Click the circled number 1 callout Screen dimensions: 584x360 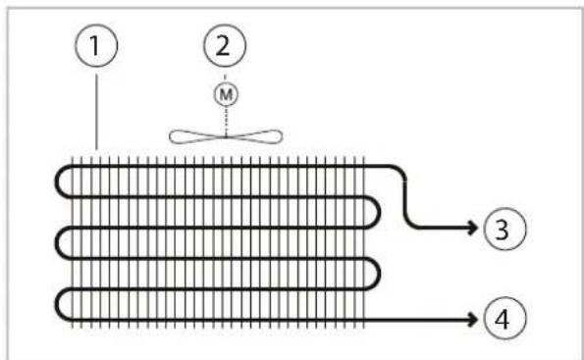pyautogui.click(x=96, y=45)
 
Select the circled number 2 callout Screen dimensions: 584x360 pyautogui.click(x=225, y=45)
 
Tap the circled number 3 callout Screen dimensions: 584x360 pyautogui.click(x=504, y=229)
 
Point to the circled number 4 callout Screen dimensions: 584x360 pyautogui.click(x=504, y=319)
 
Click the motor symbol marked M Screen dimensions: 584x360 pyautogui.click(x=226, y=94)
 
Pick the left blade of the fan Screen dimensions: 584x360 pyautogui.click(x=196, y=136)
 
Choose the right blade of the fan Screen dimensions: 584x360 pyautogui.click(x=254, y=136)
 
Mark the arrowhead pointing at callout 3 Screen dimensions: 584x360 pyautogui.click(x=473, y=228)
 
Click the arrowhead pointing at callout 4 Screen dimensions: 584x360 pyautogui.click(x=473, y=319)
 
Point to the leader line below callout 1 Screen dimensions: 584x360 pyautogui.click(x=97, y=112)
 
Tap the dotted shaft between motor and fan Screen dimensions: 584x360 pyautogui.click(x=226, y=122)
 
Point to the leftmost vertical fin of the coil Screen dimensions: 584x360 pyautogui.click(x=72, y=242)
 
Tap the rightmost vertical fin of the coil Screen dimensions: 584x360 pyautogui.click(x=363, y=242)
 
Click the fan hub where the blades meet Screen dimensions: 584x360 pyautogui.click(x=226, y=137)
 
